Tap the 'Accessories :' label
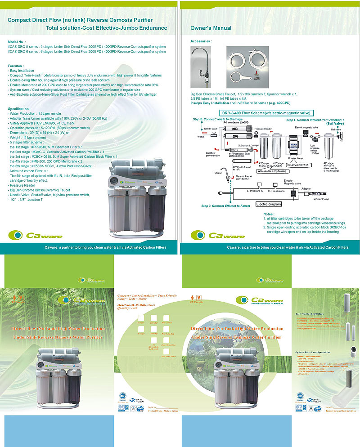click(201, 41)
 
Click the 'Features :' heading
click(16, 66)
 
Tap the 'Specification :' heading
click(19, 108)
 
